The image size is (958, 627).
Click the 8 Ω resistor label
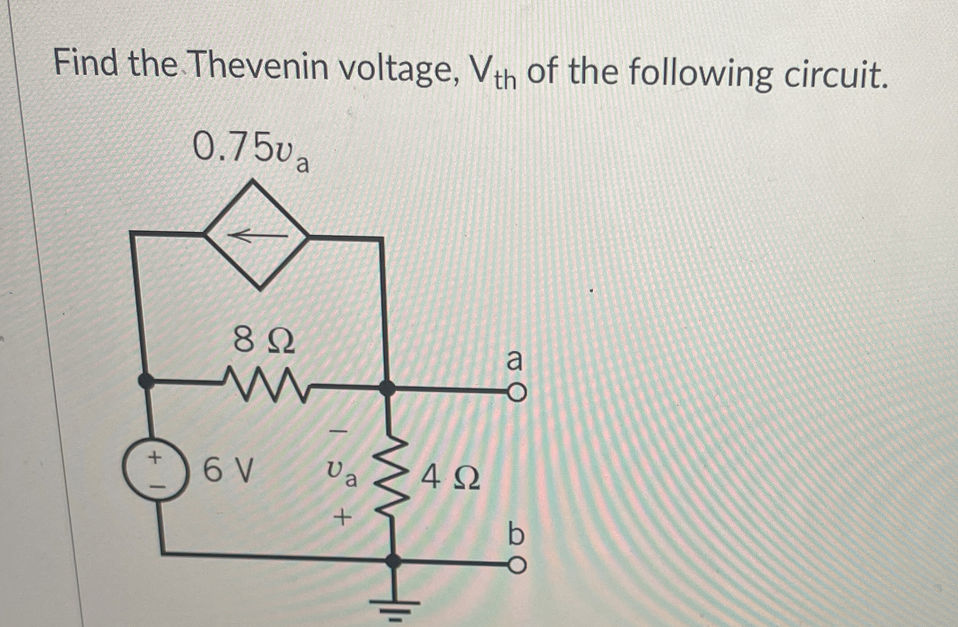click(264, 341)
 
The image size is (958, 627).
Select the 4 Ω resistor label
click(450, 478)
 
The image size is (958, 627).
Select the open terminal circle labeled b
click(517, 565)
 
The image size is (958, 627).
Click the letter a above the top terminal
click(515, 361)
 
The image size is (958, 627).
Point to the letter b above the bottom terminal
click(516, 534)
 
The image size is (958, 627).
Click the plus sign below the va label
click(343, 519)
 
